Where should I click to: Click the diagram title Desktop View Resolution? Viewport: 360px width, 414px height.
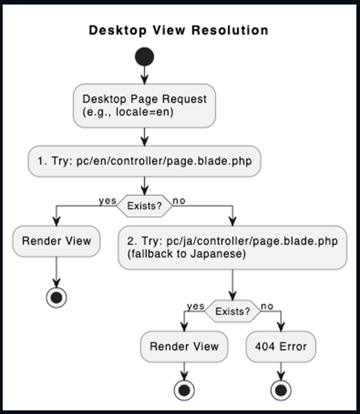coord(179,30)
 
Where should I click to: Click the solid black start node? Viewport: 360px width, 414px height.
coord(144,56)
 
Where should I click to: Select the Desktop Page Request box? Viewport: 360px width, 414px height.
coord(144,106)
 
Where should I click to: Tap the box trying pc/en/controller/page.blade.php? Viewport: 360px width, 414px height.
coord(144,161)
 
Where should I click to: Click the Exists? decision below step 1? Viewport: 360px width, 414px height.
coord(144,206)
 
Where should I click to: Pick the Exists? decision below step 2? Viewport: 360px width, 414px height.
coord(232,312)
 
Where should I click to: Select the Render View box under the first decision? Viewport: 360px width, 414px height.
coord(57,241)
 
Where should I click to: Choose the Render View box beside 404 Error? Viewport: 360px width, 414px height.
coord(184,346)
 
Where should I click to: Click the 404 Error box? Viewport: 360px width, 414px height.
coord(281,346)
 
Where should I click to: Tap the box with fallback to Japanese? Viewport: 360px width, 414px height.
coord(232,247)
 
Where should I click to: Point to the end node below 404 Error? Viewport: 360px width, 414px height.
coord(281,390)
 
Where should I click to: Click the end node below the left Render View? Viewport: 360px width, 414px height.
coord(57,298)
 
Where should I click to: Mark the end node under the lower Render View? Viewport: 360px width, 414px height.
coord(184,390)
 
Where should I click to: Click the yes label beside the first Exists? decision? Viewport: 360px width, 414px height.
coord(108,201)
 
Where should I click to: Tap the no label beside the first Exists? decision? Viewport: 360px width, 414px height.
coord(179,201)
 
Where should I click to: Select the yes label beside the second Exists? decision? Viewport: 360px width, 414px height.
coord(196,306)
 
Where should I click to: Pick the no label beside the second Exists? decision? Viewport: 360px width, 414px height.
coord(267,306)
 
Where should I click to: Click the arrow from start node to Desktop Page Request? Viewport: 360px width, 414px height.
coord(144,75)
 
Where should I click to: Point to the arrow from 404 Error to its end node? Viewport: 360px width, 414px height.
coord(281,371)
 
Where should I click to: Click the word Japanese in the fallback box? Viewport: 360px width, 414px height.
coord(218,254)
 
